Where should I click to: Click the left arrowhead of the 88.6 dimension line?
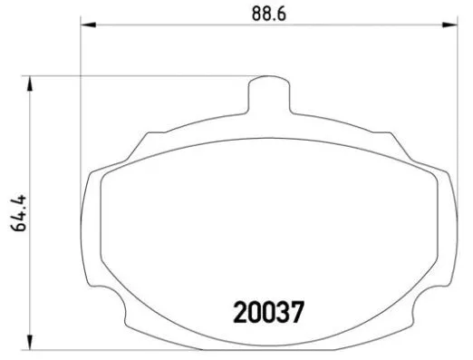tap(88, 27)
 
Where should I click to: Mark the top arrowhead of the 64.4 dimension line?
tap(33, 83)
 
